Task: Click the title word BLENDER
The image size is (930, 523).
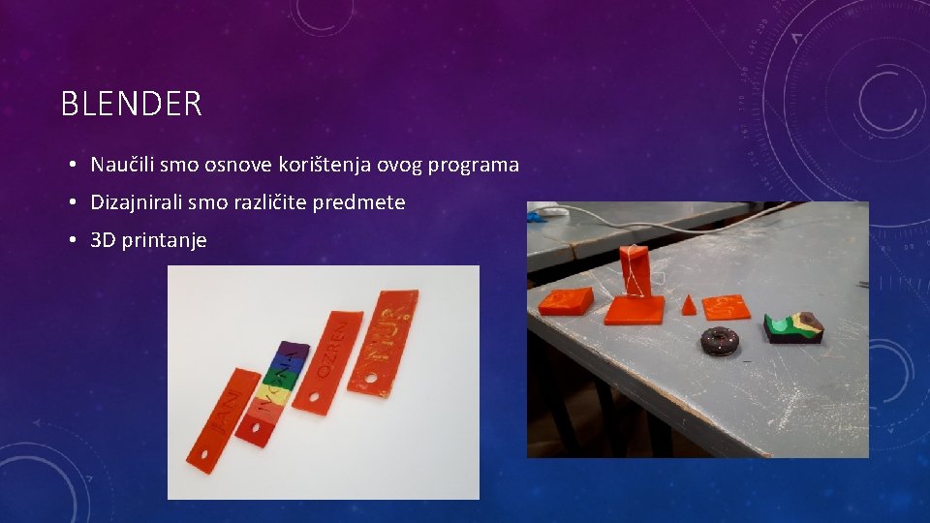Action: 132,104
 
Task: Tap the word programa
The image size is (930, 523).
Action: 473,165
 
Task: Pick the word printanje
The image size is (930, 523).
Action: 164,240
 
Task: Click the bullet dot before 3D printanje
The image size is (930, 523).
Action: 74,240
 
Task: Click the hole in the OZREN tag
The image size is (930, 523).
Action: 313,397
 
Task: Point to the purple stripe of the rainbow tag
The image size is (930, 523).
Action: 290,352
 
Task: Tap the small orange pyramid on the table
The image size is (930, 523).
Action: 689,305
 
